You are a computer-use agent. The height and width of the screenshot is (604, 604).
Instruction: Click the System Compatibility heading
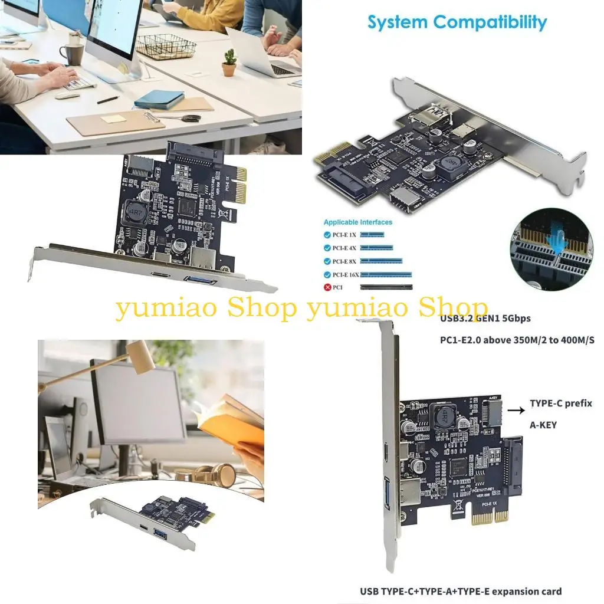click(457, 22)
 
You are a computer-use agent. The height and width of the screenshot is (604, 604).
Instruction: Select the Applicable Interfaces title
click(357, 222)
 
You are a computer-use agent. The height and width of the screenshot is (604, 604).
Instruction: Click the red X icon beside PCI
click(327, 287)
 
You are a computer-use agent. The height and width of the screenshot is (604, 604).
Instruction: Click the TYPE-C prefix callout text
click(560, 403)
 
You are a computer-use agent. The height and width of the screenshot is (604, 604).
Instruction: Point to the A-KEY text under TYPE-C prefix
click(543, 425)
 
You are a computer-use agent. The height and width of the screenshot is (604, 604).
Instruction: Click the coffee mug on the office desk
click(73, 53)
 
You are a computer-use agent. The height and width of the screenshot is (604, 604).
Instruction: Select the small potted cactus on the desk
click(229, 63)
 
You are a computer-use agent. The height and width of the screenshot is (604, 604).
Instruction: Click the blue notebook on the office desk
click(159, 98)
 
